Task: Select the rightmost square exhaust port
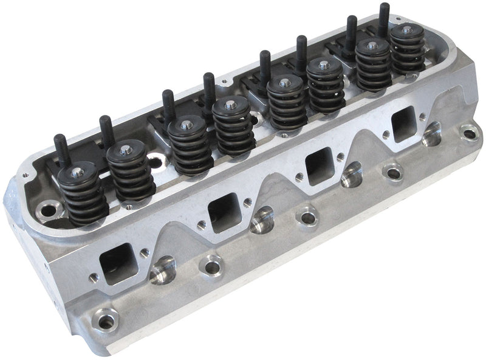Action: point(403,125)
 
